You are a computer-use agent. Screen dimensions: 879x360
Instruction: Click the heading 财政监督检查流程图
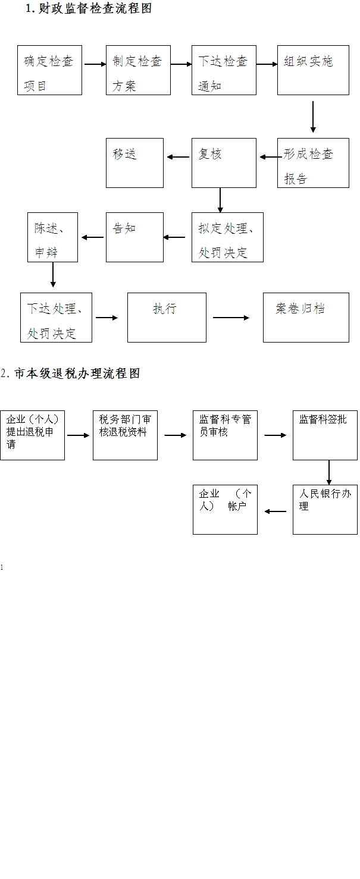click(x=88, y=9)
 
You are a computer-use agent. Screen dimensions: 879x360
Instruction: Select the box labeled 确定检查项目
click(x=49, y=70)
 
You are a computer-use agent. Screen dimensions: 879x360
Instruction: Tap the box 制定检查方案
click(x=138, y=70)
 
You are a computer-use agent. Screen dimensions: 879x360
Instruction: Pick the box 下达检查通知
click(x=224, y=70)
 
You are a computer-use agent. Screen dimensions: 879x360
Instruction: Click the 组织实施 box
click(x=313, y=70)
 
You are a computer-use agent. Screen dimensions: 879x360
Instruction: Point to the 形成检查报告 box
click(x=313, y=163)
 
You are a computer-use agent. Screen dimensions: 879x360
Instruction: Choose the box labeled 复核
click(x=224, y=163)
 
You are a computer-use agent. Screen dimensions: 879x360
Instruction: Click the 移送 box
click(x=134, y=163)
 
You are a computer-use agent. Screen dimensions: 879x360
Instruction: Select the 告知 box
click(x=134, y=237)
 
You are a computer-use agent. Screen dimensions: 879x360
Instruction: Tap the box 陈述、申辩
click(x=52, y=237)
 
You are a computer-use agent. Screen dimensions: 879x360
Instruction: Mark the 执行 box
click(x=167, y=317)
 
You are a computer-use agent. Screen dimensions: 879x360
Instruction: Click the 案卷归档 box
click(x=306, y=317)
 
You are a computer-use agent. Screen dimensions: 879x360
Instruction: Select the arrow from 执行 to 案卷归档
click(x=231, y=318)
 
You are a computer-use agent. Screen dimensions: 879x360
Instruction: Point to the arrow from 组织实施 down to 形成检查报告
click(x=313, y=117)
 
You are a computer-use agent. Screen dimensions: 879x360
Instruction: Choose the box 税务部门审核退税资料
click(x=125, y=435)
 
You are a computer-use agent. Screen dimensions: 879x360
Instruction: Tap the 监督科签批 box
click(x=325, y=435)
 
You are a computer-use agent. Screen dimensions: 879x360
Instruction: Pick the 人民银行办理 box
click(x=325, y=510)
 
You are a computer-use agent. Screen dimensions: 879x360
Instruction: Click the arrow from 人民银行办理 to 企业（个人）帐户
click(x=275, y=510)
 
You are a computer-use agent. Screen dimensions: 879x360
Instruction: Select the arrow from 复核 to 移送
click(x=178, y=157)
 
